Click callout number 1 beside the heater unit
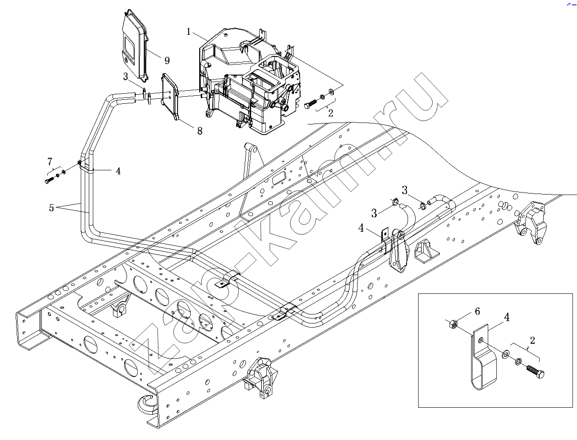pyautogui.click(x=189, y=32)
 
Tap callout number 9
pyautogui.click(x=167, y=60)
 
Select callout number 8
pyautogui.click(x=200, y=131)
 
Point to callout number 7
pyautogui.click(x=50, y=161)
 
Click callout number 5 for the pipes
pyautogui.click(x=51, y=208)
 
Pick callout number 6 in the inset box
pyautogui.click(x=477, y=311)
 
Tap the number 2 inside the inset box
pyautogui.click(x=532, y=340)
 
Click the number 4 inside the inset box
pyautogui.click(x=507, y=317)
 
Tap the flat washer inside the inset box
pyautogui.click(x=506, y=354)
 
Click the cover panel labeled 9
pyautogui.click(x=135, y=44)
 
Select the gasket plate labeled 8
pyautogui.click(x=169, y=97)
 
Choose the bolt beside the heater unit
pyautogui.click(x=311, y=103)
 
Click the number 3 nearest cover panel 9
pyautogui.click(x=126, y=77)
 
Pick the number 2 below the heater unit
pyautogui.click(x=330, y=113)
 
